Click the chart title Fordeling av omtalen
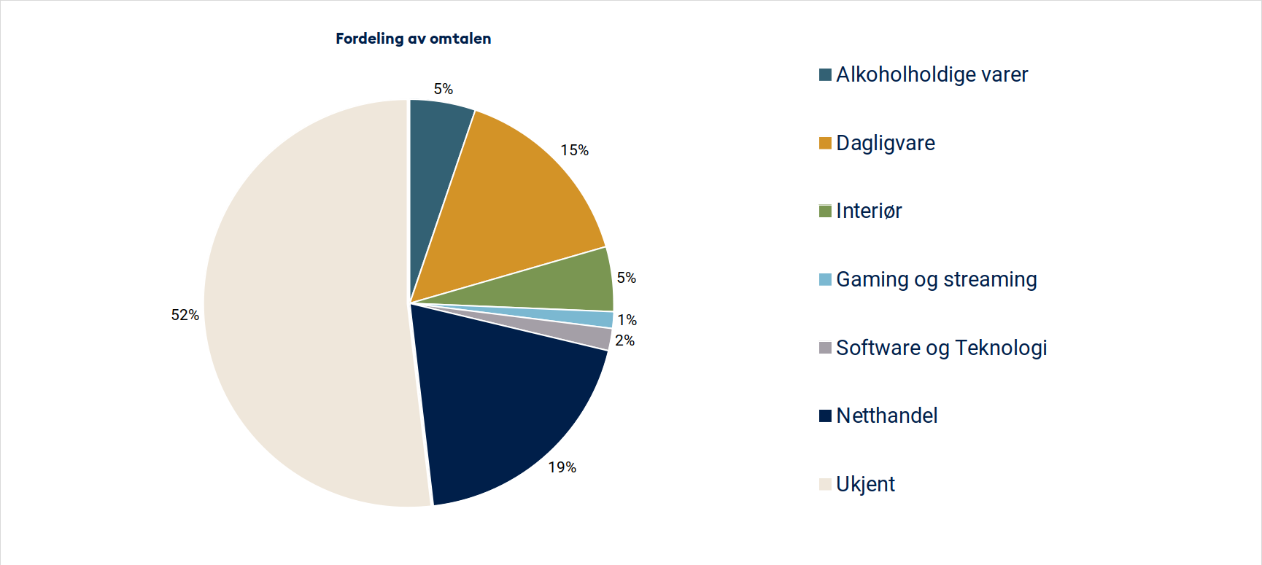(x=413, y=39)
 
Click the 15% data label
(x=574, y=150)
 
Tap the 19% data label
(x=562, y=467)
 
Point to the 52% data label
(x=185, y=315)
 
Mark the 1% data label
(x=627, y=320)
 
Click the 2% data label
(x=624, y=340)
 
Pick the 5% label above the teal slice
(x=443, y=89)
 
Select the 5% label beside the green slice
(x=626, y=278)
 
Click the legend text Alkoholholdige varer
(x=932, y=74)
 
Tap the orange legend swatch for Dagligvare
(x=825, y=143)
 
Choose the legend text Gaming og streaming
(x=936, y=280)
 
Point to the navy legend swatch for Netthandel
(x=825, y=416)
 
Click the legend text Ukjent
(x=865, y=484)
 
